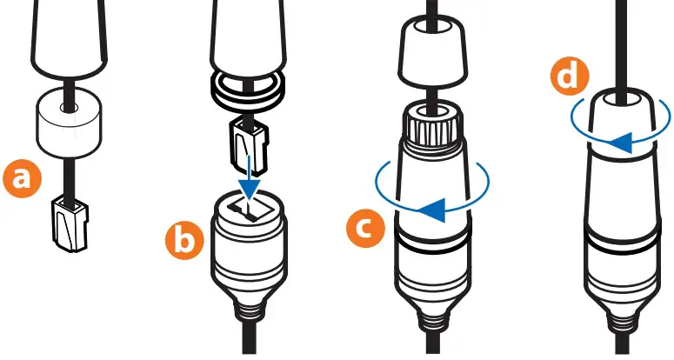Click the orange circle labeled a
tap(22, 178)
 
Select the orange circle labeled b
tap(184, 241)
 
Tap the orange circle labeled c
tap(365, 228)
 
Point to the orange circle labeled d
tap(570, 77)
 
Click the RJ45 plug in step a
tap(70, 224)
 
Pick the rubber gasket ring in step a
tap(69, 122)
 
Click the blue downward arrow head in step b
tap(250, 188)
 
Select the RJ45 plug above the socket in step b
tap(250, 145)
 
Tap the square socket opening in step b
tap(250, 210)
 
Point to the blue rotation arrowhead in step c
tap(432, 210)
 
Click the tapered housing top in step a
tap(69, 38)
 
